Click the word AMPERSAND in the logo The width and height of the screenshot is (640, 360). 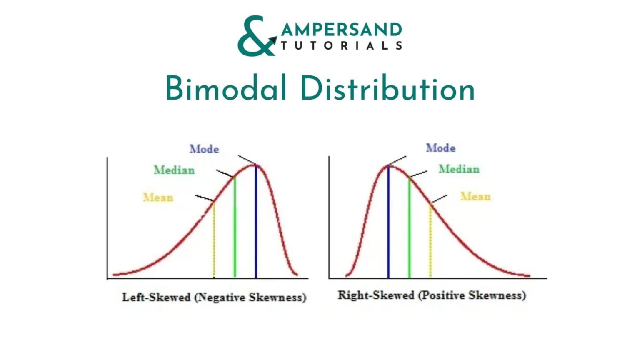[342, 30]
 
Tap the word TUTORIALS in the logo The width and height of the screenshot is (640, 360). [342, 46]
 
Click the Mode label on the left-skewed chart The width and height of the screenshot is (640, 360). [204, 149]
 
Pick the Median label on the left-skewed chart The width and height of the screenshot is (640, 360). [174, 170]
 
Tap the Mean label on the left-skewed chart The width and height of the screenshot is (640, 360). [158, 197]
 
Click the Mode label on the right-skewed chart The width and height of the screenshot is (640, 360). [440, 148]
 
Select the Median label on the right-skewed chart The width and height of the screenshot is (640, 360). [459, 169]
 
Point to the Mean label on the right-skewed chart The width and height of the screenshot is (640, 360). [476, 196]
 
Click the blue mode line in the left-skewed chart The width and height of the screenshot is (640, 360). [256, 221]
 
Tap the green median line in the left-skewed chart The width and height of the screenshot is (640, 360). [235, 227]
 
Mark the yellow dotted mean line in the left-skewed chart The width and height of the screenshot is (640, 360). [214, 240]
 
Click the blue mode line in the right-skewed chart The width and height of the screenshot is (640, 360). [388, 222]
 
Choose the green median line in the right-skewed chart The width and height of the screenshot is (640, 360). [410, 228]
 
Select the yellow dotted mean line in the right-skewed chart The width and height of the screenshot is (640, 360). [430, 240]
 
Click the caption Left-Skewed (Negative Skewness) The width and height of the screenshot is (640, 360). [214, 297]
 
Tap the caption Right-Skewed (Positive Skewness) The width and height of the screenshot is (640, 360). [432, 295]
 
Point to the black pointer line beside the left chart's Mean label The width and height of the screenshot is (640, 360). [204, 198]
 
